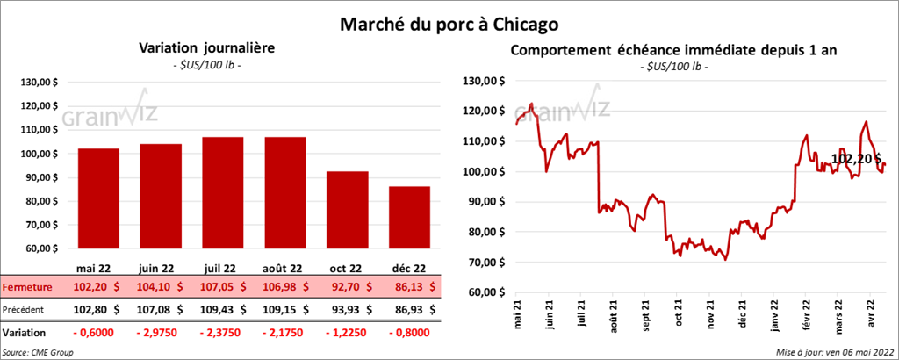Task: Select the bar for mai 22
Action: (x=98, y=202)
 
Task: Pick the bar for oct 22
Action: (x=347, y=211)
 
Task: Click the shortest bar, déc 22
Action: (x=409, y=220)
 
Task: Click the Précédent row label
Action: (x=26, y=309)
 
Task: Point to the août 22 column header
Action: (x=284, y=269)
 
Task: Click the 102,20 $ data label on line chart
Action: (x=856, y=160)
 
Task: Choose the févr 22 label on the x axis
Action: (x=806, y=313)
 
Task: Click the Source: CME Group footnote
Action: (x=38, y=352)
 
